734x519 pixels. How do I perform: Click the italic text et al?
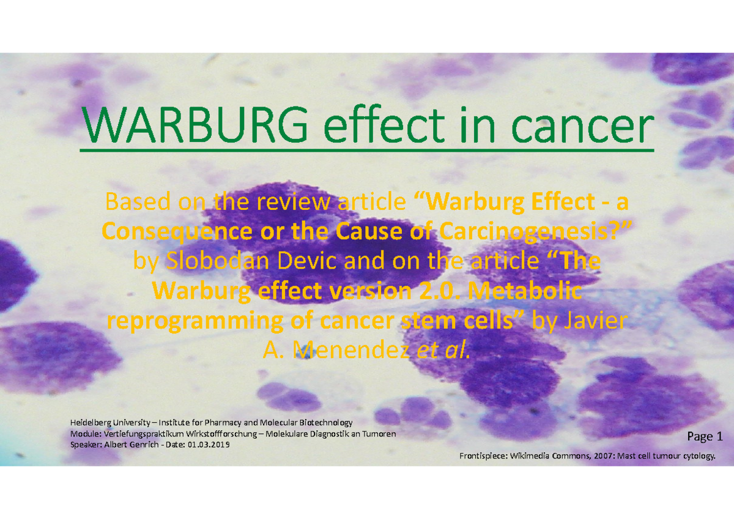[443, 351]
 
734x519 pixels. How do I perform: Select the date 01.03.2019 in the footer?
[209, 445]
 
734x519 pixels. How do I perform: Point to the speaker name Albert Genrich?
[132, 445]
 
